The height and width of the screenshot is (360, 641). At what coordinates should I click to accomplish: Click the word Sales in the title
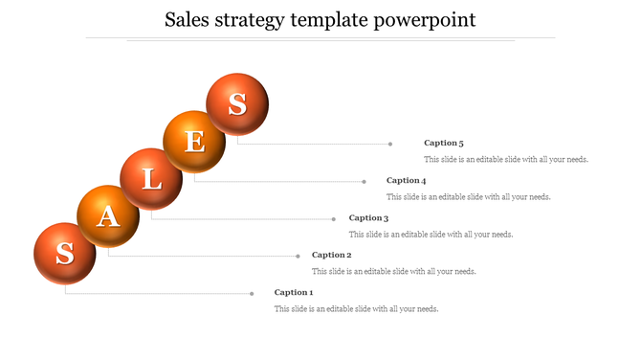tap(189, 20)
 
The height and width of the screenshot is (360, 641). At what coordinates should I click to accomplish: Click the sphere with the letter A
tap(108, 216)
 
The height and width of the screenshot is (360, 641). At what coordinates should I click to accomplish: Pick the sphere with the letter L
tap(151, 179)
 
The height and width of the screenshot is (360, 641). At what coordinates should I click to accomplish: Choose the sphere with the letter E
tap(194, 142)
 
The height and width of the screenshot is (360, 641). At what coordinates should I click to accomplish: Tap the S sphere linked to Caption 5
tap(237, 103)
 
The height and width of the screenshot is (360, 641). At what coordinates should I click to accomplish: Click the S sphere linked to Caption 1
tap(65, 254)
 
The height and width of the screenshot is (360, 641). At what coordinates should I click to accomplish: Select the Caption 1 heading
tap(294, 292)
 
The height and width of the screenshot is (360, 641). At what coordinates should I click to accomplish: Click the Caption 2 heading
tap(332, 255)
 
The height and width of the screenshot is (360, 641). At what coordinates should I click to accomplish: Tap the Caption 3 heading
tap(368, 217)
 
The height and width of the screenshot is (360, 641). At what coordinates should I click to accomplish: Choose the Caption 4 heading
tap(406, 180)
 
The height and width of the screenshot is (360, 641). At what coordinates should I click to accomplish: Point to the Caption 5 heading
tap(444, 143)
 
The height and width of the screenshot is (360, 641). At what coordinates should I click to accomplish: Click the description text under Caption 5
tap(506, 159)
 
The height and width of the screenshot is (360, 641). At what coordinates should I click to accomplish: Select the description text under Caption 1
tap(356, 308)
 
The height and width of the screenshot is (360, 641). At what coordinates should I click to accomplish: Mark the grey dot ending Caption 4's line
tap(364, 181)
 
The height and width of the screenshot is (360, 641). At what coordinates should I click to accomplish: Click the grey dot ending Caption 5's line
tap(390, 144)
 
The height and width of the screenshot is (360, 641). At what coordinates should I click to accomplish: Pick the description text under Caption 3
tap(431, 234)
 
